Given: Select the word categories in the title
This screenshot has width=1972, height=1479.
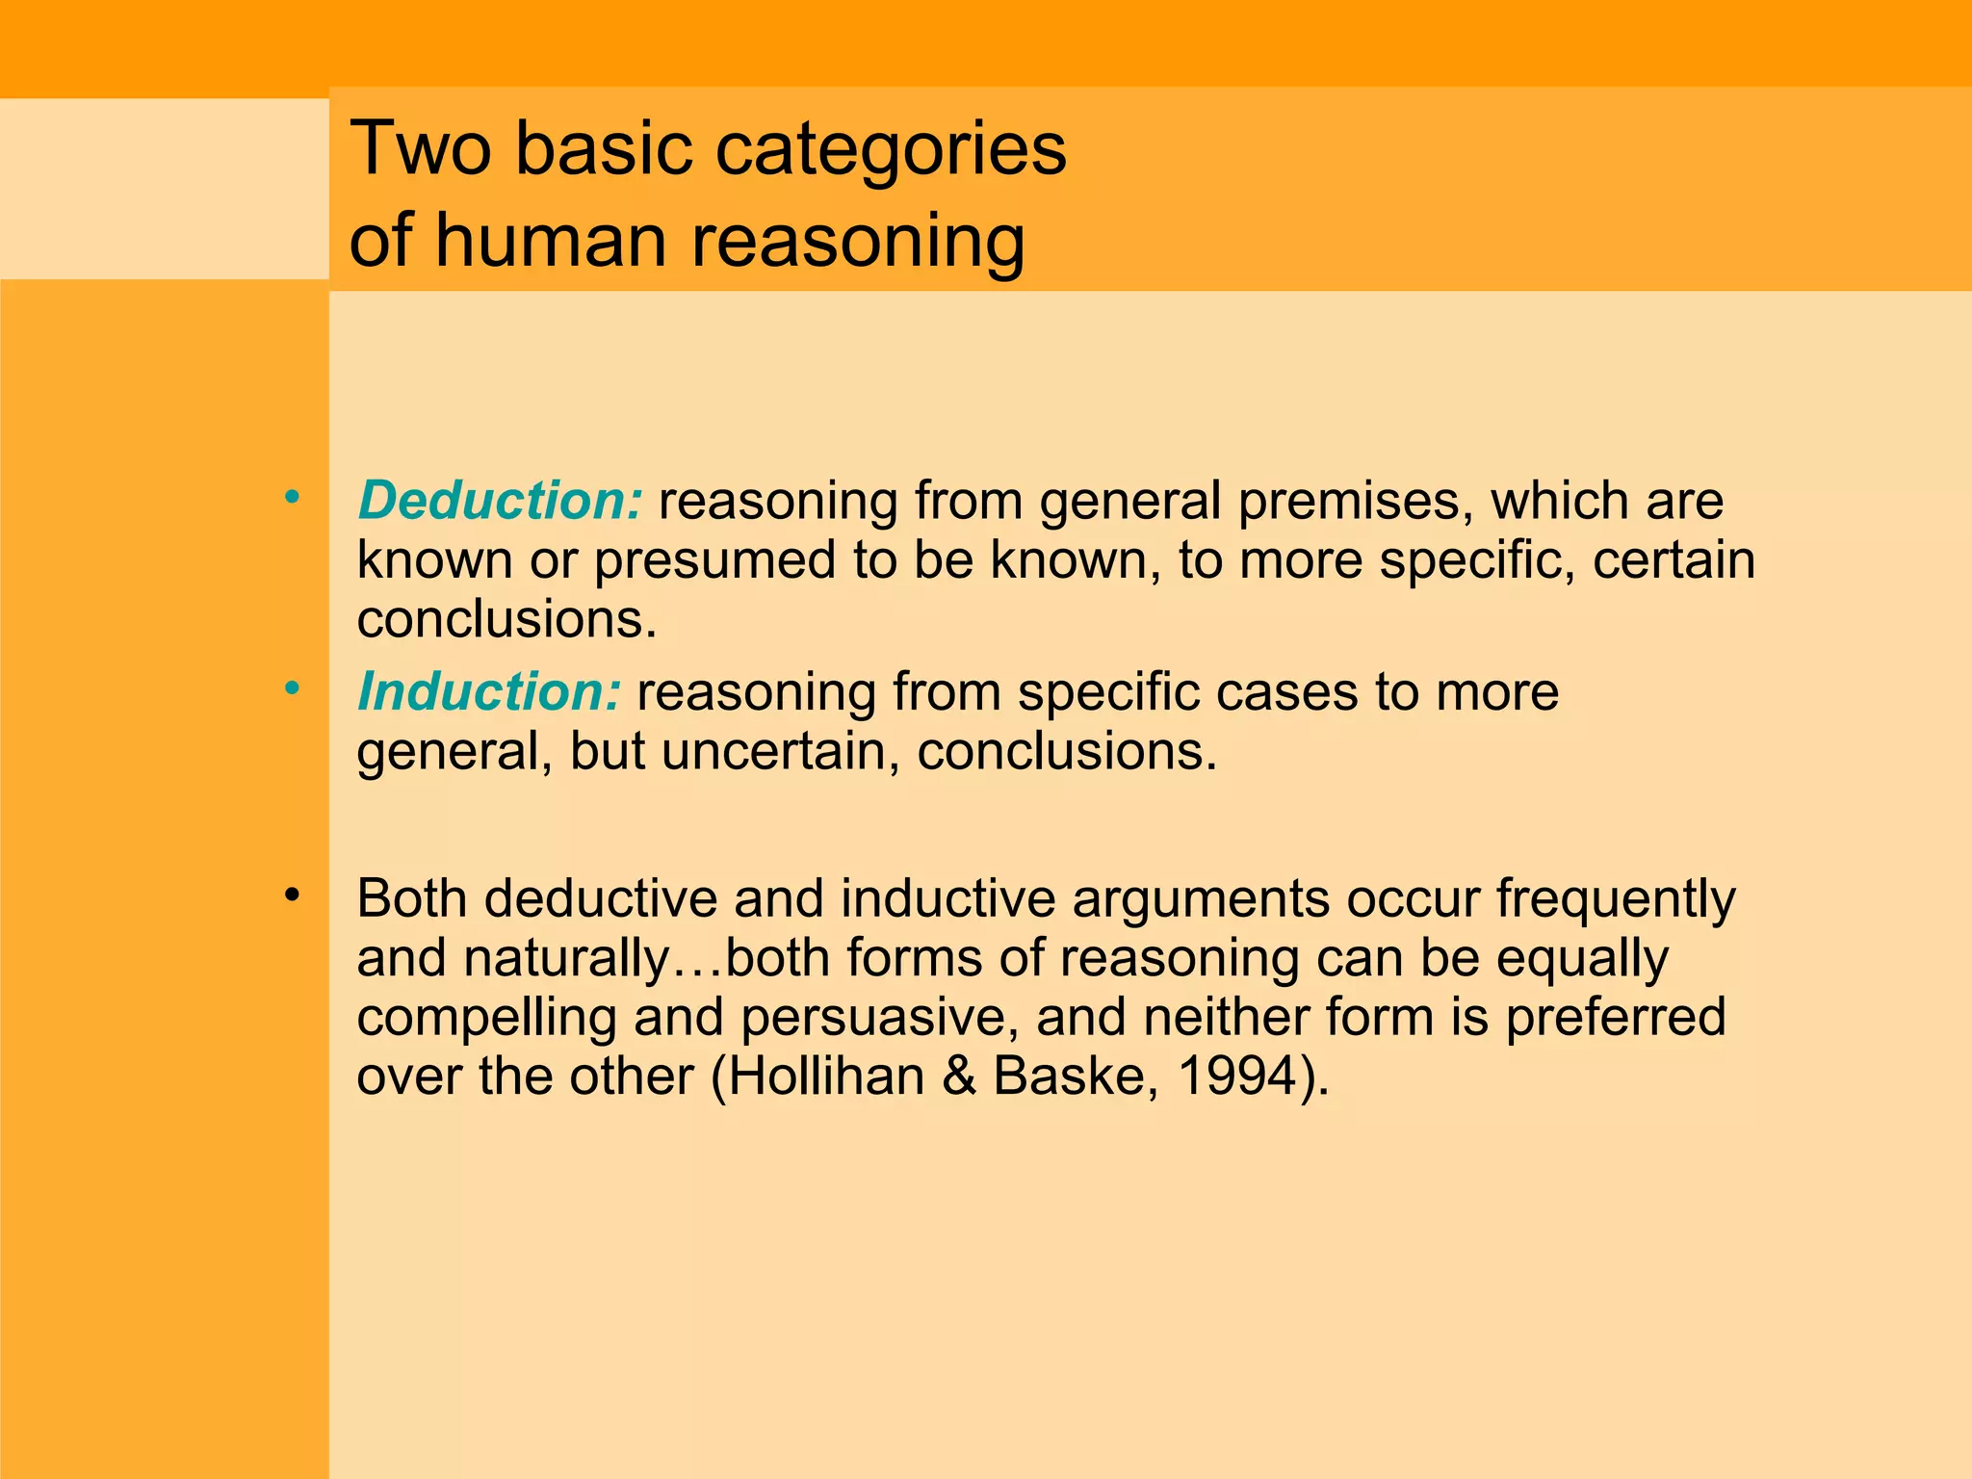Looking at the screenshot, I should pyautogui.click(x=892, y=150).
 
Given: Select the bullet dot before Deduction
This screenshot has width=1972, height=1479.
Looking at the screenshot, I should pyautogui.click(x=292, y=498).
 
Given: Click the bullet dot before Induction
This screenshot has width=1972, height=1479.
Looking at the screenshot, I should pyautogui.click(x=292, y=688).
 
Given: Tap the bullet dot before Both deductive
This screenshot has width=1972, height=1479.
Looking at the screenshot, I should pyautogui.click(x=292, y=895).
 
